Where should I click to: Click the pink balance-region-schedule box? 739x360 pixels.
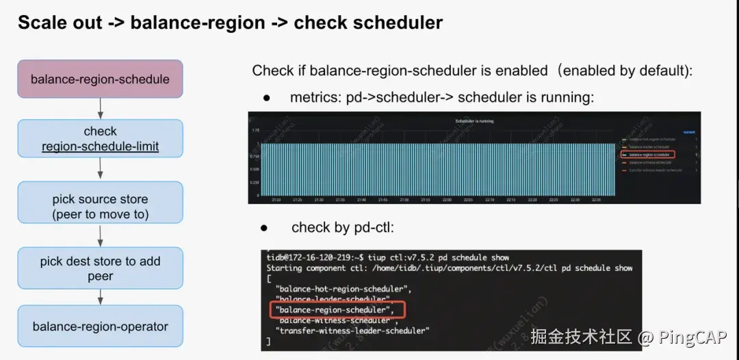tap(100, 79)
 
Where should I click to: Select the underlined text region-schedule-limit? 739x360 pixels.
tap(100, 146)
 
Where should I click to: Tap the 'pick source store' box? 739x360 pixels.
tap(100, 206)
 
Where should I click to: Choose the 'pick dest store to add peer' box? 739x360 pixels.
tap(100, 268)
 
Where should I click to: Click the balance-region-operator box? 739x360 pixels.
tap(100, 326)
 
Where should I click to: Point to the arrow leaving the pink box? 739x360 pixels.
tap(101, 107)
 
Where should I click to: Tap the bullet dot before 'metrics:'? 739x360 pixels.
tap(268, 98)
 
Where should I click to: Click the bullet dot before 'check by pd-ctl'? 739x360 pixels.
tap(263, 227)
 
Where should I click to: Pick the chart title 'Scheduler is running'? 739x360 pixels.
tap(474, 121)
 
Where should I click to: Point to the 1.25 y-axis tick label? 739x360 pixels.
tap(255, 129)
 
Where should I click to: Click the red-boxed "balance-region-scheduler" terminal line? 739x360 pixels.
tap(333, 310)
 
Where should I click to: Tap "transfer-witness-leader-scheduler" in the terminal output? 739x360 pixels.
tap(352, 331)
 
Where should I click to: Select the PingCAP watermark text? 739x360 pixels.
tap(691, 337)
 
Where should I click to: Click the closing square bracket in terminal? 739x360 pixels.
tap(269, 341)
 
